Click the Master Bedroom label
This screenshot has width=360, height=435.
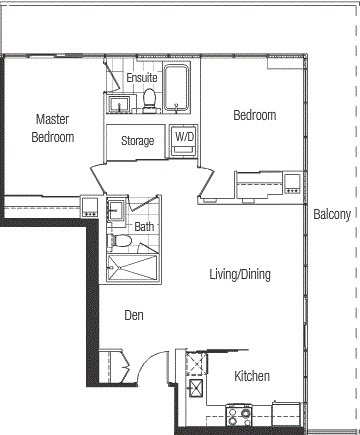(x=53, y=128)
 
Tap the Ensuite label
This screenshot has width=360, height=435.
(x=142, y=78)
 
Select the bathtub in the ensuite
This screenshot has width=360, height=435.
(x=176, y=87)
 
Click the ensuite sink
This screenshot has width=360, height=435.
(x=119, y=103)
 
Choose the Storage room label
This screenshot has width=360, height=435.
(x=137, y=141)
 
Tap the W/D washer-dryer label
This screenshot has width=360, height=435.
(x=184, y=136)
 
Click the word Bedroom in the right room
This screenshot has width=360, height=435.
(x=255, y=115)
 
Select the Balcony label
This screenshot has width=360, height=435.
(x=332, y=214)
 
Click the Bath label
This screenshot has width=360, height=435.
(x=144, y=227)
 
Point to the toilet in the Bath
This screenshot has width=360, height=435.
(x=119, y=240)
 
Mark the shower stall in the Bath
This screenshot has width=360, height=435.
(x=132, y=268)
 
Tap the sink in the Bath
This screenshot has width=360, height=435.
(x=116, y=211)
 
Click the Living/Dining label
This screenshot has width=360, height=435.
(x=240, y=274)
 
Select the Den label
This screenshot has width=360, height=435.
(x=134, y=315)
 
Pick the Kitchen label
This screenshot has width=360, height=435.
(x=252, y=376)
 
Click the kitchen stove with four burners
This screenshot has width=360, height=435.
(x=239, y=416)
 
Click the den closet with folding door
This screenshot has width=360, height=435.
(x=114, y=366)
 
